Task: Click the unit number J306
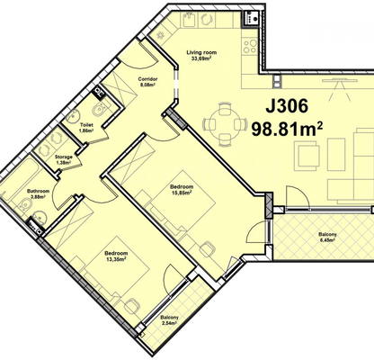[x=287, y=106]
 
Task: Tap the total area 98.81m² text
[x=287, y=130]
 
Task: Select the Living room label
[x=201, y=56]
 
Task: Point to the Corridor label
[x=147, y=82]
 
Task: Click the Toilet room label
[x=86, y=128]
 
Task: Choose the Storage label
[x=64, y=159]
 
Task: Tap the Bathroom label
[x=38, y=193]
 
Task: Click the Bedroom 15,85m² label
[x=181, y=189]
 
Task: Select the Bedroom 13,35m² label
[x=116, y=256]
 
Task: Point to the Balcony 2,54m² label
[x=169, y=320]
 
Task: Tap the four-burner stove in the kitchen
[x=250, y=46]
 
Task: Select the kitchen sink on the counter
[x=189, y=20]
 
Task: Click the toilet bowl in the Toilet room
[x=98, y=111]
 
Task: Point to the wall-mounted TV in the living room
[x=340, y=80]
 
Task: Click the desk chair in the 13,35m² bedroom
[x=132, y=305]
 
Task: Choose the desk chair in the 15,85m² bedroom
[x=208, y=248]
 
